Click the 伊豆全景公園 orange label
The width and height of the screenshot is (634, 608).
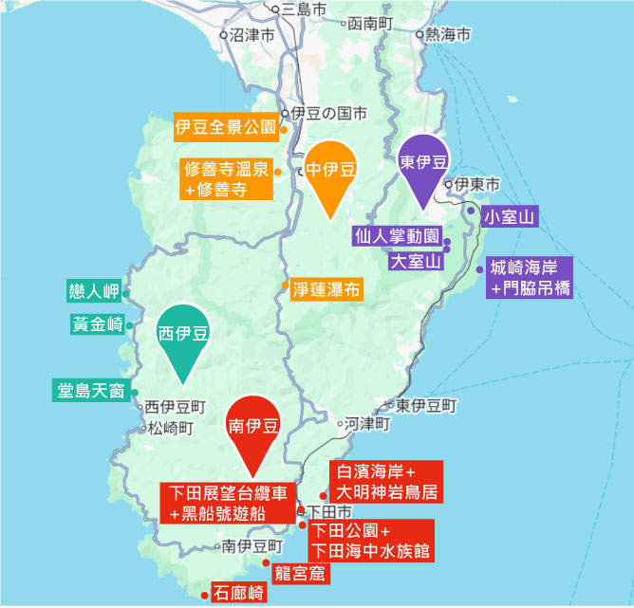pyautogui.click(x=225, y=126)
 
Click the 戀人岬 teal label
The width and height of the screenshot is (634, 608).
pyautogui.click(x=93, y=289)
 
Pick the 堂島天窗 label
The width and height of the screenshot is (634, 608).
pyautogui.click(x=91, y=390)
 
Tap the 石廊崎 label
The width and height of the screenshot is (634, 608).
pyautogui.click(x=239, y=595)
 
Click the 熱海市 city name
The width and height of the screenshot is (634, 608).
pyautogui.click(x=448, y=35)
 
